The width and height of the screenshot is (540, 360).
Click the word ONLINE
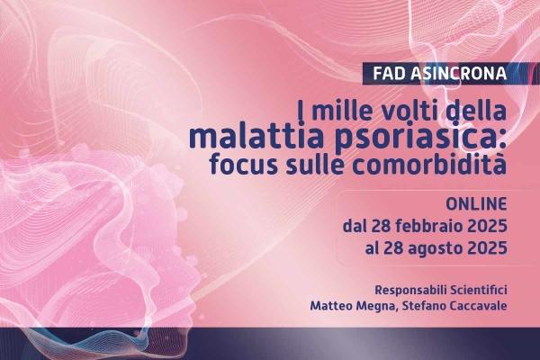476,204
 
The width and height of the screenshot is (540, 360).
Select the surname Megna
375,306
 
